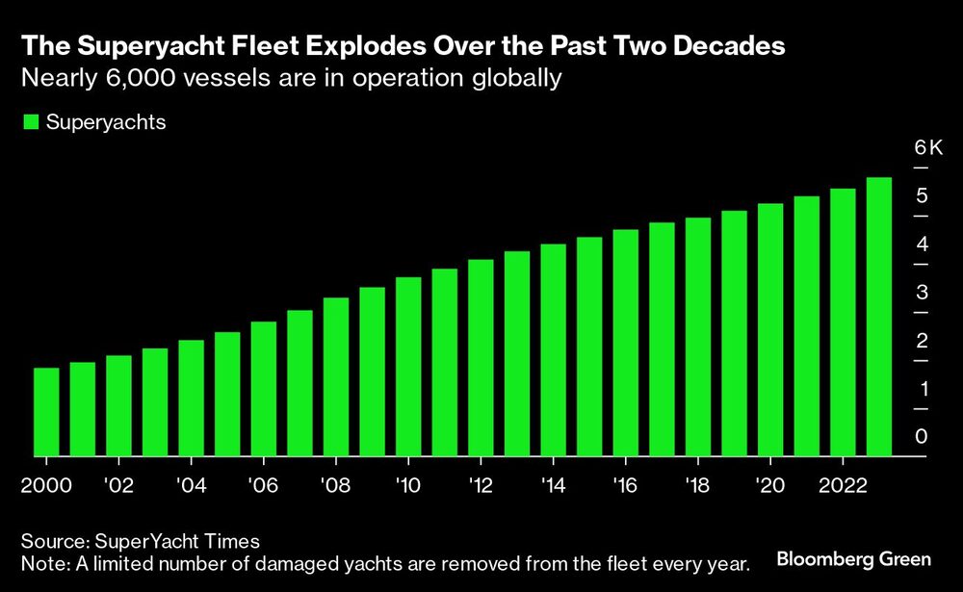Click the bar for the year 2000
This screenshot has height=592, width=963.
46,412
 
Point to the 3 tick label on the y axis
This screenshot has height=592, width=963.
922,293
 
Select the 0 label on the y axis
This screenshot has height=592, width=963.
922,437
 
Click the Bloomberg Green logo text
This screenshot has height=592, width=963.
854,559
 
